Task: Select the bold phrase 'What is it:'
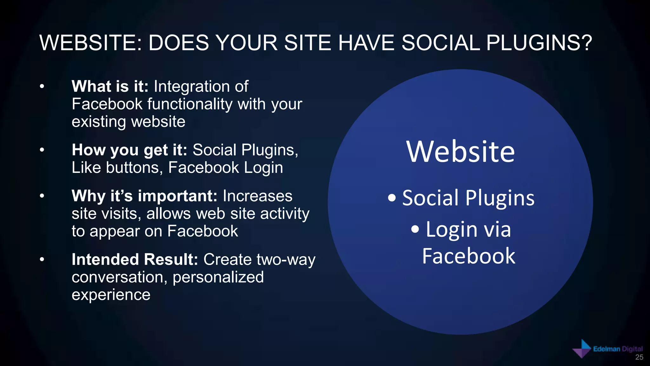[110, 86]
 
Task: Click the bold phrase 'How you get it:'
[129, 150]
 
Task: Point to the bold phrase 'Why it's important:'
[144, 196]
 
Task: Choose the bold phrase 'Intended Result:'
[135, 260]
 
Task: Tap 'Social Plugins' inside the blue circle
[468, 198]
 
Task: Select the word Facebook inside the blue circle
[468, 256]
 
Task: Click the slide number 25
[639, 357]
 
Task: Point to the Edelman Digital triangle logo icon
[582, 349]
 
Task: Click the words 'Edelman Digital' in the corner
[618, 349]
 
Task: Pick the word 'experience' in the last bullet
[111, 295]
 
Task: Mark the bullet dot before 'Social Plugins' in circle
[392, 198]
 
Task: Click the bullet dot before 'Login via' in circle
[415, 229]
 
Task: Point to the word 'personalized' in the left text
[218, 277]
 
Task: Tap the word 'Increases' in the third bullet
[257, 196]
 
